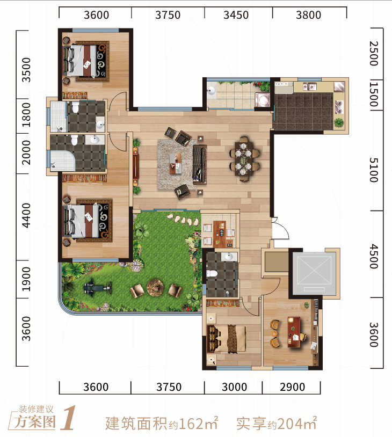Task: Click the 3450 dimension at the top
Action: pos(236,15)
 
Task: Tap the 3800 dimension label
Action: pos(308,15)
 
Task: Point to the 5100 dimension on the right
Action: pos(374,170)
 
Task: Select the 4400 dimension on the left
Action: pos(26,215)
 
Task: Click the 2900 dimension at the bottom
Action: pos(292,387)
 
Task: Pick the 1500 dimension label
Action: pos(374,94)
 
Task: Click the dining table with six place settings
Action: pos(244,159)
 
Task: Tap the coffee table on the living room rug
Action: pos(176,163)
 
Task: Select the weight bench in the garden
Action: pos(98,288)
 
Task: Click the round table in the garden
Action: pos(155,288)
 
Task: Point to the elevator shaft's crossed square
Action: pos(314,271)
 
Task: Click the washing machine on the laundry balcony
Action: pos(263,100)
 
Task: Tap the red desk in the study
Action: pos(294,332)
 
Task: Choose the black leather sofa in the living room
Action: pos(200,164)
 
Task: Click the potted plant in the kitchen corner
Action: pos(339,122)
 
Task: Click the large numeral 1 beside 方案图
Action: pos(68,418)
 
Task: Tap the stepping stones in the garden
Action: pos(183,220)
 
